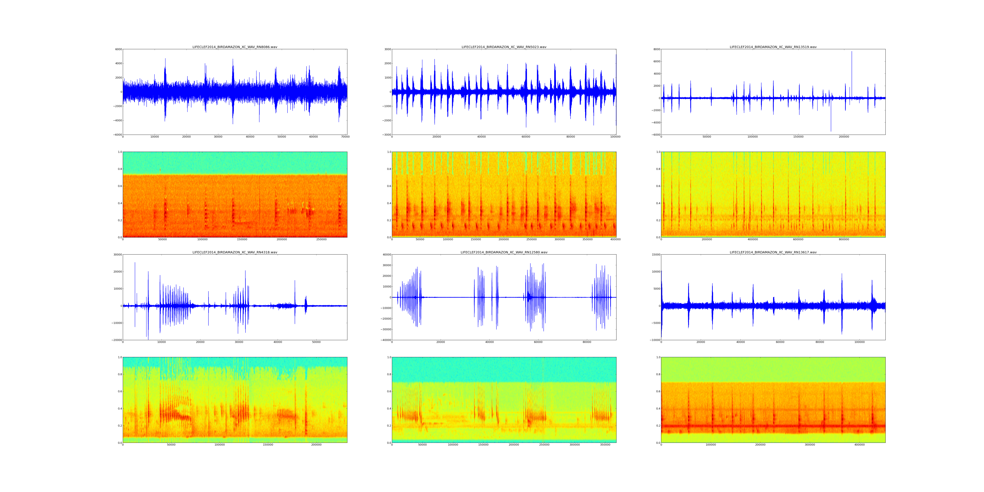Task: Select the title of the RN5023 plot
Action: [504, 47]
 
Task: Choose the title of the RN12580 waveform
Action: [504, 252]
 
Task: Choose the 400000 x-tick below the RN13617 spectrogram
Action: [860, 445]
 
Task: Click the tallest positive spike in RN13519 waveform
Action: [851, 51]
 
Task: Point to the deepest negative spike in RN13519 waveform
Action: [831, 131]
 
